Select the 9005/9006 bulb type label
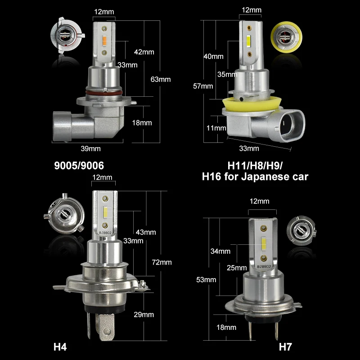[x=79, y=166]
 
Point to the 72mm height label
[x=162, y=262]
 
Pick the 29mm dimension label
[x=144, y=315]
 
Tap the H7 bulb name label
[x=285, y=347]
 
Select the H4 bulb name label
[x=60, y=347]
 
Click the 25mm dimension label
[x=237, y=268]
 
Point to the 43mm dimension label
[x=146, y=232]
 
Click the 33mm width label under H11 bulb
[x=250, y=148]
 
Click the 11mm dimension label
[x=216, y=128]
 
